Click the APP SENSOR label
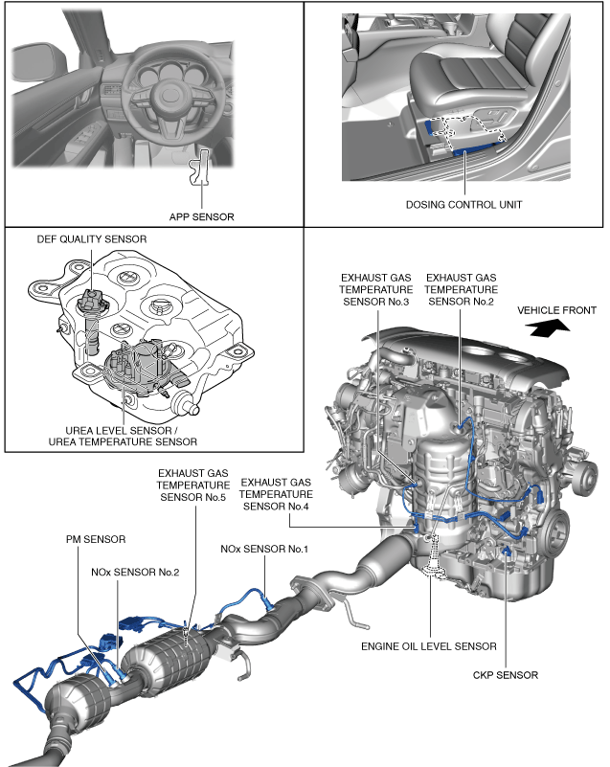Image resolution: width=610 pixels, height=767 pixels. [x=201, y=216]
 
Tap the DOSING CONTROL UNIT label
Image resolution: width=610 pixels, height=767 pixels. [x=463, y=205]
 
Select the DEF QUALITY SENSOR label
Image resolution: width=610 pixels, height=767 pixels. [x=92, y=239]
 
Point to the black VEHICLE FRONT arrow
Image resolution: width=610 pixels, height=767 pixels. [x=550, y=327]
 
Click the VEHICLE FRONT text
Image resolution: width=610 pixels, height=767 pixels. [x=556, y=310]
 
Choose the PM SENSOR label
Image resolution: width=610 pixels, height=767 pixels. [x=96, y=539]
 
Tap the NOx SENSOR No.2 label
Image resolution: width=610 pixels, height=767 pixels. [x=135, y=572]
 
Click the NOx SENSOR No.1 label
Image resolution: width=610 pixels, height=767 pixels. [x=264, y=549]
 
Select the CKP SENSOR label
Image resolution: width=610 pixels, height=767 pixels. [x=506, y=675]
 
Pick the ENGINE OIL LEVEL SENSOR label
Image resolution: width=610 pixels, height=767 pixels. [x=428, y=646]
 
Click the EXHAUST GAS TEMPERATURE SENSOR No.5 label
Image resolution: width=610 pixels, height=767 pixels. [x=193, y=485]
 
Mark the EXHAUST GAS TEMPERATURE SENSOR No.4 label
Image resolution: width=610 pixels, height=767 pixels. [x=276, y=494]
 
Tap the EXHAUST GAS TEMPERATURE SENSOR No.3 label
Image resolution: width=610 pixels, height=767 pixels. [x=375, y=289]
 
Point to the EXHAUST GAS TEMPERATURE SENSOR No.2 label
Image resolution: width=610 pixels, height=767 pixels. [x=461, y=289]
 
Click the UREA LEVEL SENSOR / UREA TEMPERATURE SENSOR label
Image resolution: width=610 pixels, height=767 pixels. [x=123, y=436]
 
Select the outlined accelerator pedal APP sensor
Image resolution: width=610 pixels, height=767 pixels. [x=199, y=168]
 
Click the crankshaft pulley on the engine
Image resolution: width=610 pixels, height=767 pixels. [x=557, y=530]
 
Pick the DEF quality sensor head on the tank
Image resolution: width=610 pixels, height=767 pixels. [x=90, y=301]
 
